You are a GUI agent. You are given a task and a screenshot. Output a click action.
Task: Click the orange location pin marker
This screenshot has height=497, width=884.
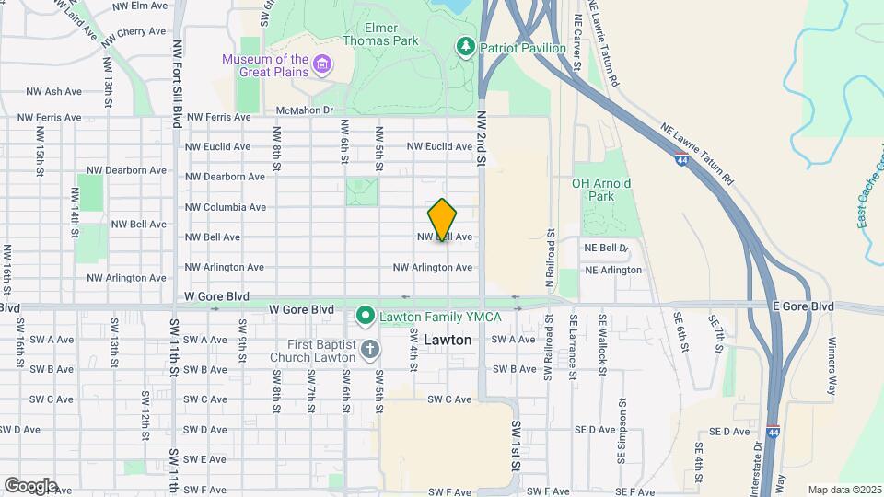point(442,219)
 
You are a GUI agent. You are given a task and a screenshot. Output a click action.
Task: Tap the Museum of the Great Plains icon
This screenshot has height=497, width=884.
point(322,64)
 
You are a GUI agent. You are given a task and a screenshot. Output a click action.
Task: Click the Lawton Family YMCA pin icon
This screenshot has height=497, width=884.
point(365,317)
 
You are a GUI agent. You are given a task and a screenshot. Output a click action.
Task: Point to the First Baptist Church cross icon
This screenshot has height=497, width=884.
point(369,348)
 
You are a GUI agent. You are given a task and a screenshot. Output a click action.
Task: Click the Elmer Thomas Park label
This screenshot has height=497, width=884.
point(380,34)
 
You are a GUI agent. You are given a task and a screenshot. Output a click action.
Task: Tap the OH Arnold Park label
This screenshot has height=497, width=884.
point(601,190)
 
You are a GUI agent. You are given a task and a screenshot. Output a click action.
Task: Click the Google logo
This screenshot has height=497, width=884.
point(29,485)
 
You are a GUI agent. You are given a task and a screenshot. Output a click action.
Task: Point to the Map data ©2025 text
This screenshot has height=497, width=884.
point(843,490)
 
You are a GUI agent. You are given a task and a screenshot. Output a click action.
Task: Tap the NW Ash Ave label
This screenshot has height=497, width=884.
point(55,91)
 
